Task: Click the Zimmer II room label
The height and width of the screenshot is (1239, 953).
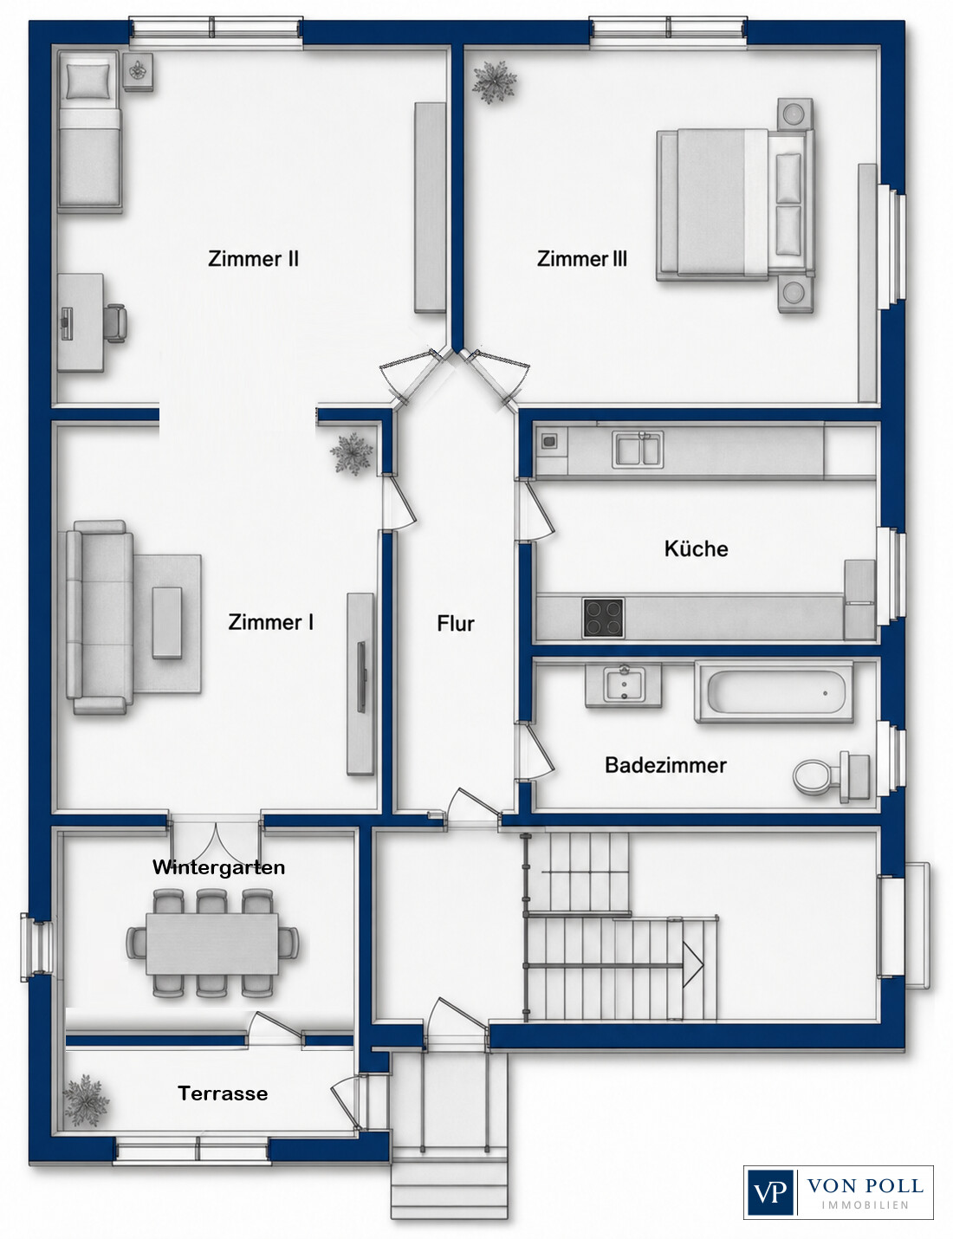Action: click(x=253, y=259)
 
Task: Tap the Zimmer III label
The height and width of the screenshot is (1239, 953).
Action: click(x=582, y=259)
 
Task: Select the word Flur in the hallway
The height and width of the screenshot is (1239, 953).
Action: click(x=456, y=624)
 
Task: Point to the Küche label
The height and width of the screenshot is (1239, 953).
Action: click(x=696, y=549)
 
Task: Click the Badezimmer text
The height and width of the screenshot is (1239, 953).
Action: click(x=665, y=765)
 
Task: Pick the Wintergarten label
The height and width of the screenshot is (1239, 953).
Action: click(x=218, y=867)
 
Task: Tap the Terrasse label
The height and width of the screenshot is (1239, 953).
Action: click(x=223, y=1093)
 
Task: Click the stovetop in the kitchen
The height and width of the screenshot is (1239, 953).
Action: click(x=603, y=618)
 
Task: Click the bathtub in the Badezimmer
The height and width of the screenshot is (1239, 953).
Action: click(x=774, y=693)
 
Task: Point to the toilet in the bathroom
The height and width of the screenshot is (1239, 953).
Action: click(x=832, y=776)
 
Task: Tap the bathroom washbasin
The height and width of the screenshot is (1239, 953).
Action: click(x=624, y=684)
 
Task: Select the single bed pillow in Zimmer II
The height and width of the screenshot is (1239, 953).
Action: click(x=88, y=81)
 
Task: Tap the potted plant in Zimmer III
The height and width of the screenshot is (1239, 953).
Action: click(x=494, y=81)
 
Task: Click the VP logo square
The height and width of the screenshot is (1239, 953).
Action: click(x=770, y=1191)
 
